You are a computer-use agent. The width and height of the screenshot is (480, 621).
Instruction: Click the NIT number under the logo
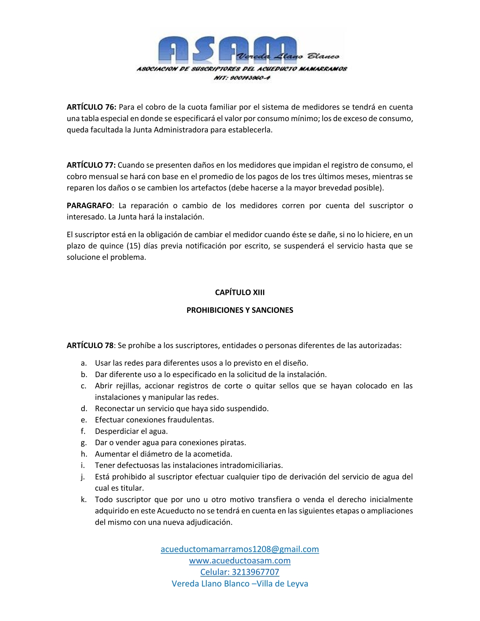pos(242,78)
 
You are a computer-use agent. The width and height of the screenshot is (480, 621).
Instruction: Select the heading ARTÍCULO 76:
pos(91,107)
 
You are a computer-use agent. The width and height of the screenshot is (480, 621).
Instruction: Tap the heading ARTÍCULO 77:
pos(91,165)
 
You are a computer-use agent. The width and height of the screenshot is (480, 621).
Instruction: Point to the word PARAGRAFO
pos(89,205)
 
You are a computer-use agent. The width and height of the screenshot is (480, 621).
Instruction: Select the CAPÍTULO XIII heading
pos(240,292)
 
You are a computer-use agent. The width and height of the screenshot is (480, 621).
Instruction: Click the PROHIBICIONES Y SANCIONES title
pos(240,310)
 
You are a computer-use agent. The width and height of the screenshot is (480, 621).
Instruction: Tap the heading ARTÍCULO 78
pos(90,345)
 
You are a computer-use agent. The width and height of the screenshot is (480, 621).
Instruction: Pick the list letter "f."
pos(83,431)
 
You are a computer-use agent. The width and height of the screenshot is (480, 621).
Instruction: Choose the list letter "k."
pos(84,499)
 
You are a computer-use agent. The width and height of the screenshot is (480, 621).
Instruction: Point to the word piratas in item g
pos(233,443)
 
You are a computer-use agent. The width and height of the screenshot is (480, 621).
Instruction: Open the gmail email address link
pos(240,549)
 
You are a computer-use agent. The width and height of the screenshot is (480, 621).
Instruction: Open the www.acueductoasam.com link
pos(240,561)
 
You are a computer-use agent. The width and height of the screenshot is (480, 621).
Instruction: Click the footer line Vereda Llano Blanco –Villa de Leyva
pos(240,583)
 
